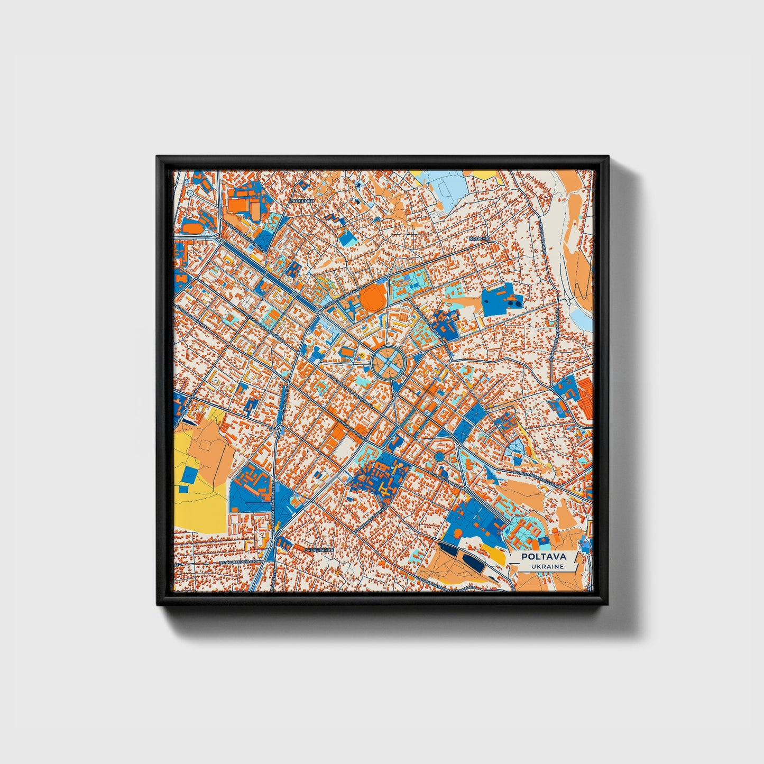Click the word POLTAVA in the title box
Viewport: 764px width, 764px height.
click(544, 556)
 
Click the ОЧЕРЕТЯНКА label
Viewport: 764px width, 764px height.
click(319, 550)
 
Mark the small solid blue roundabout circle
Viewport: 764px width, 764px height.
click(439, 456)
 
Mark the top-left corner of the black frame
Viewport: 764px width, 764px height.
click(158, 158)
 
